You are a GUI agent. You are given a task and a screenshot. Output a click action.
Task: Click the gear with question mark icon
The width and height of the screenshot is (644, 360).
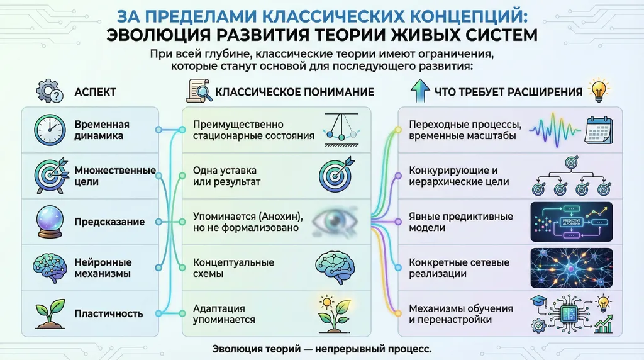[x=48, y=92]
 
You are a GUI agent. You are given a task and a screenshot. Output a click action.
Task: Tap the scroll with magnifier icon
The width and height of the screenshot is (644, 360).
[x=199, y=92]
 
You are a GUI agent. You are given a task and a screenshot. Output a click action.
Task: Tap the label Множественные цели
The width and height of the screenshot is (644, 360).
[x=114, y=176]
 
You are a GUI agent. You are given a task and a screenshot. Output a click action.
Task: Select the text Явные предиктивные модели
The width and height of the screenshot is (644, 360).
[x=460, y=222]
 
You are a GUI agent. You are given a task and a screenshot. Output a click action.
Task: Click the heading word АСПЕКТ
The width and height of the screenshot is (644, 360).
[x=95, y=93]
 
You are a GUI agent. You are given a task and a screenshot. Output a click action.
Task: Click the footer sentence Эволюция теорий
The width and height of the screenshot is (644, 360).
[x=321, y=348]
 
